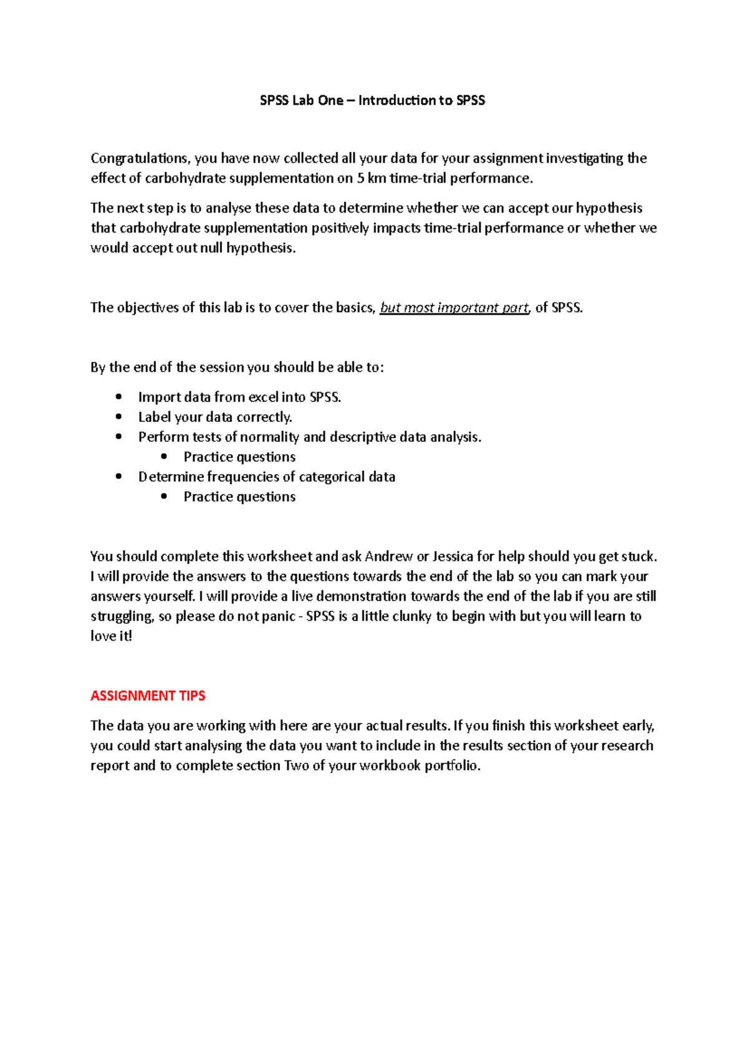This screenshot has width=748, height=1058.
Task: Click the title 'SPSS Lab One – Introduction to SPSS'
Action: pos(372,100)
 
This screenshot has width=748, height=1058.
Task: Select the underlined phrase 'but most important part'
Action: pos(454,308)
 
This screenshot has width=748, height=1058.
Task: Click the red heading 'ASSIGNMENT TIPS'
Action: pos(148,696)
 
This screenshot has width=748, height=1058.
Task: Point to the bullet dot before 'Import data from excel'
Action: pos(119,397)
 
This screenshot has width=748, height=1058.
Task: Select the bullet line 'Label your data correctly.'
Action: pos(215,417)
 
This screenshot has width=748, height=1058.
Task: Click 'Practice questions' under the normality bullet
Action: pos(239,457)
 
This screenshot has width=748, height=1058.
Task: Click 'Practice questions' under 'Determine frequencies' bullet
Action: pos(239,497)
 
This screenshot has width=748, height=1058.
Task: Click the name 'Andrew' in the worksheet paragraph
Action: pos(388,556)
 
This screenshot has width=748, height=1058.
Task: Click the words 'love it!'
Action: pos(112,636)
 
